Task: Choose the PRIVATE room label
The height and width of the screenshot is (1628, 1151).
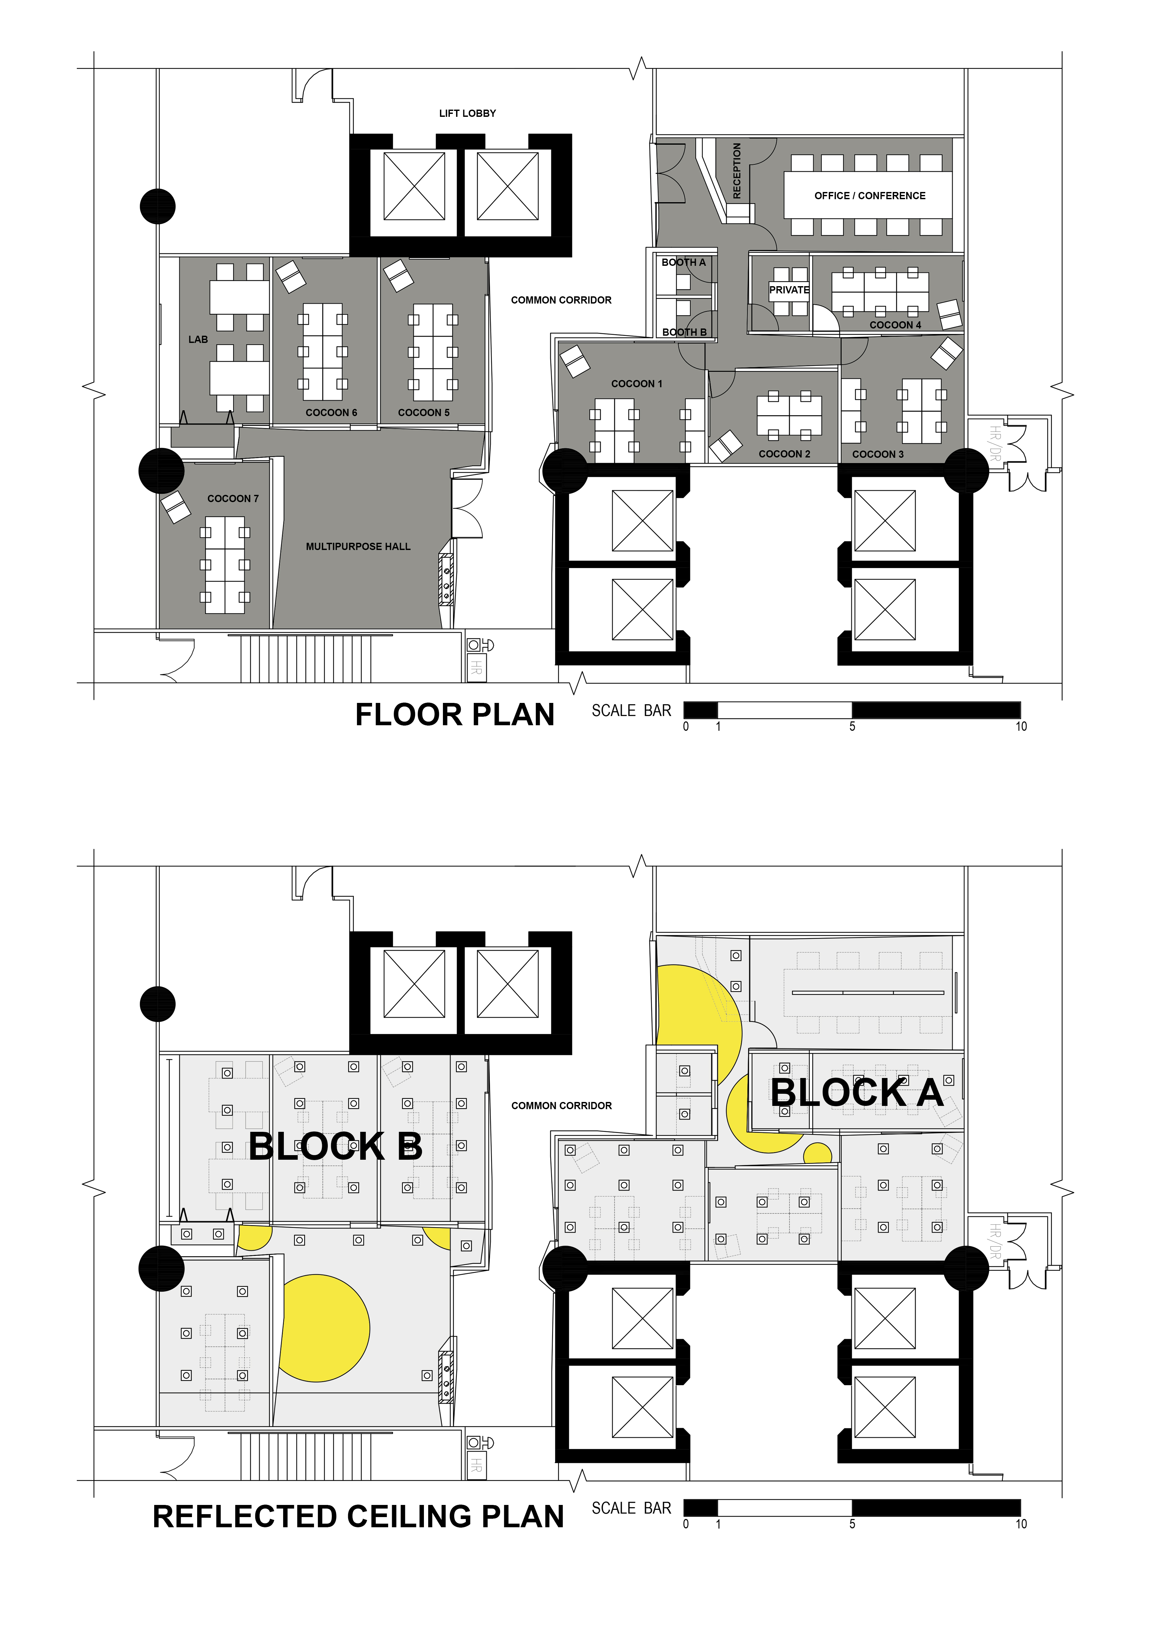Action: pyautogui.click(x=789, y=290)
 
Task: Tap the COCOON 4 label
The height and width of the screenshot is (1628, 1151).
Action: pyautogui.click(x=895, y=325)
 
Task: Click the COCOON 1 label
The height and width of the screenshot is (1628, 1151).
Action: pyautogui.click(x=637, y=384)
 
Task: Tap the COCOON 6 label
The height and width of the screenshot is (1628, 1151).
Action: pyautogui.click(x=331, y=413)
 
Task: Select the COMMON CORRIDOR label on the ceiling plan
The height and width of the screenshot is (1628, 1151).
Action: pyautogui.click(x=561, y=1106)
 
